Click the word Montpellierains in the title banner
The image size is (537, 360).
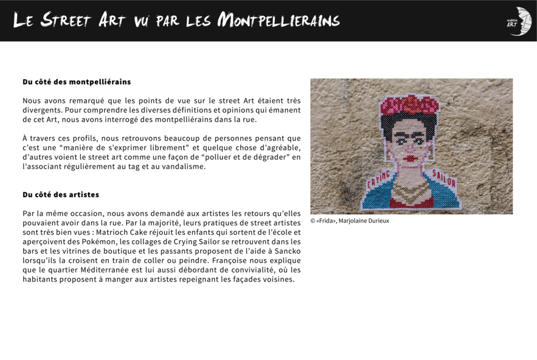pos(279,21)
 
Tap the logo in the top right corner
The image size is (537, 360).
pos(519,21)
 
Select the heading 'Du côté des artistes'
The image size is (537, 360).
pos(61,195)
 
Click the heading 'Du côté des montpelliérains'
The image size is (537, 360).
pos(77,81)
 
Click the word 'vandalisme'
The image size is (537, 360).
pos(184,167)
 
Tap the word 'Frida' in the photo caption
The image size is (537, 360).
pos(327,221)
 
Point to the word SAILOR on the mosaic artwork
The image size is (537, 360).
pos(444,178)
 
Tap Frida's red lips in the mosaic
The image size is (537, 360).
pos(411,159)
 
